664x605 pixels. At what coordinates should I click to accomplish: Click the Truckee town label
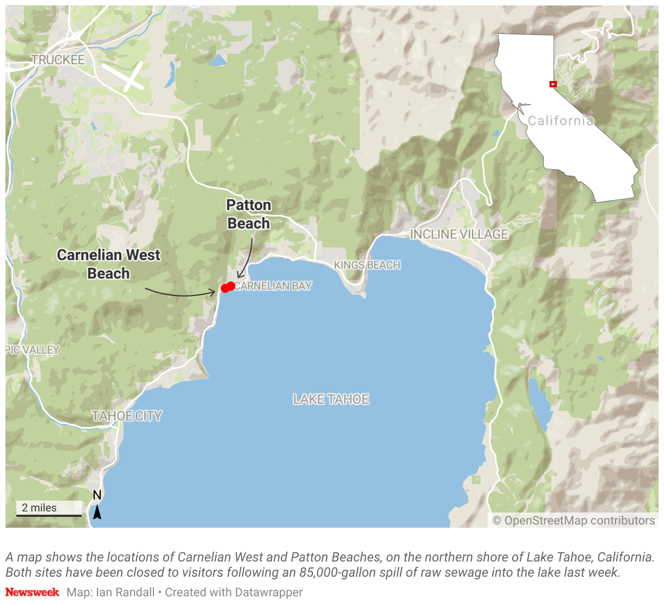tap(58, 60)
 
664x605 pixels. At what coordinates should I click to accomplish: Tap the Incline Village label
tap(459, 234)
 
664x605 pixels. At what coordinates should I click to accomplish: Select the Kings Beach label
tap(367, 265)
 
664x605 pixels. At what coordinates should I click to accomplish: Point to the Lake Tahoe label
tap(331, 399)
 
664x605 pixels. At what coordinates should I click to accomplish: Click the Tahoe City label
tap(127, 416)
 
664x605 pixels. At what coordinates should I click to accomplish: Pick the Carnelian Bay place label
tap(274, 286)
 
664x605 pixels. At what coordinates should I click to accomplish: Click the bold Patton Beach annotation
tap(249, 214)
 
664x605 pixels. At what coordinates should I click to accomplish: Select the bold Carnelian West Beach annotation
tap(109, 264)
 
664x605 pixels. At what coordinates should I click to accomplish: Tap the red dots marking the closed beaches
tap(228, 287)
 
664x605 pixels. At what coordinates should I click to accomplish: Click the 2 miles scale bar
tap(48, 509)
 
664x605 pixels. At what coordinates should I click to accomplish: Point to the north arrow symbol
tap(97, 511)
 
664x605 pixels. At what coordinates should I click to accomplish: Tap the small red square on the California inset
tap(553, 84)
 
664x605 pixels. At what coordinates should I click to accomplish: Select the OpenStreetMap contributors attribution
tap(574, 521)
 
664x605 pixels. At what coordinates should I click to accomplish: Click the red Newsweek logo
tap(32, 592)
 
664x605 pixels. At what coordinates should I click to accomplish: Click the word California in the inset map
tap(560, 121)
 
